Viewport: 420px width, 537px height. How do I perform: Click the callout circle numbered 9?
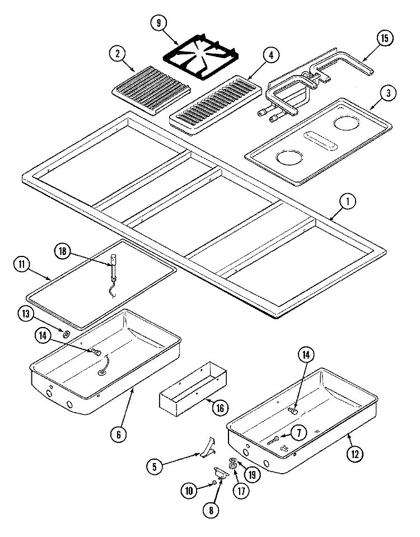coord(158,23)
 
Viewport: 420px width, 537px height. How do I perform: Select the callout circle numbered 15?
coord(384,39)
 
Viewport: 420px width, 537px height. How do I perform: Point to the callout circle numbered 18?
coord(63,251)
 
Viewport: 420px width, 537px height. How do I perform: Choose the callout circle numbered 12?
coord(353,454)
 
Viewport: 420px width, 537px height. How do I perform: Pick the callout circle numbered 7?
coord(298,432)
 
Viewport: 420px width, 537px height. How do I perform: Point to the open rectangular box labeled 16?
coord(192,389)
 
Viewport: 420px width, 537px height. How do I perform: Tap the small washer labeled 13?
coord(67,334)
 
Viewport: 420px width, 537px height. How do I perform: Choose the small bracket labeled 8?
coord(221,474)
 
